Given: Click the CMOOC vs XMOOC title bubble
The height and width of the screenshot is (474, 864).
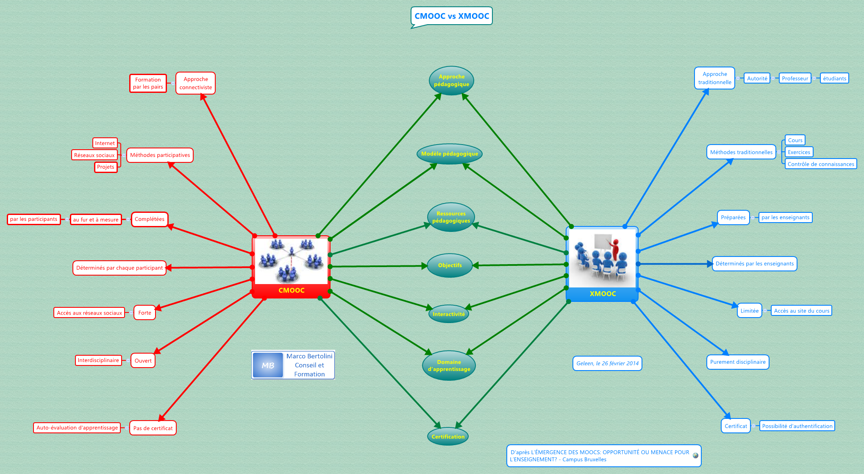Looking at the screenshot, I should [451, 16].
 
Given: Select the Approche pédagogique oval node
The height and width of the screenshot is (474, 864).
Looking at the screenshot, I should [451, 81].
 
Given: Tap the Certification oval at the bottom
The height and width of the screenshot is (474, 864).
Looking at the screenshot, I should [448, 437].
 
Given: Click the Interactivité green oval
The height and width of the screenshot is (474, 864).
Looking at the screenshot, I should [448, 314].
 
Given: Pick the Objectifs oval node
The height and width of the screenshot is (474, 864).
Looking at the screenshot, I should [450, 265].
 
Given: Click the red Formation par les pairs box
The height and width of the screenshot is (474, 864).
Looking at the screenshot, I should [148, 83].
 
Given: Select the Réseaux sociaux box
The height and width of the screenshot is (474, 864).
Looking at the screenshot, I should [94, 155].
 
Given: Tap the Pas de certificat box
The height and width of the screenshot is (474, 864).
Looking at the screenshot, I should [153, 428].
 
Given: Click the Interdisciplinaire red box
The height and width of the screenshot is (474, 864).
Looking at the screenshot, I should [98, 360].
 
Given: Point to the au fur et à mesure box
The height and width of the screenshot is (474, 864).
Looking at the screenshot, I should [96, 220].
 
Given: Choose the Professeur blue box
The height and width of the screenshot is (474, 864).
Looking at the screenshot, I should [795, 78].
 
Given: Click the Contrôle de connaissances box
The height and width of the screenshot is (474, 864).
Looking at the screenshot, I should [820, 164].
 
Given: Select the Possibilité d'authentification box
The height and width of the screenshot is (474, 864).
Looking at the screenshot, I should [797, 426].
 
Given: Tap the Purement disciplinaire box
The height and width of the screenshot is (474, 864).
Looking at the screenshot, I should [738, 362].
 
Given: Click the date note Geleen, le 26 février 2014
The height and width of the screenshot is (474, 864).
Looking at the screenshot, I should [607, 363].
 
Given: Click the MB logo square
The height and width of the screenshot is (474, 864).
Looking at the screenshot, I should [268, 365].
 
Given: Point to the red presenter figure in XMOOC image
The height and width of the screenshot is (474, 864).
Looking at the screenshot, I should [615, 248].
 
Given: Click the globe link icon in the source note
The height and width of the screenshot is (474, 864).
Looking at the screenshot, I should [695, 456].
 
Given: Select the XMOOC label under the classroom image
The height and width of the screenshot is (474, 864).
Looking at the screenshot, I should [603, 294].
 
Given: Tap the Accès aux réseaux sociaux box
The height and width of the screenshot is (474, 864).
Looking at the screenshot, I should [89, 313].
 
